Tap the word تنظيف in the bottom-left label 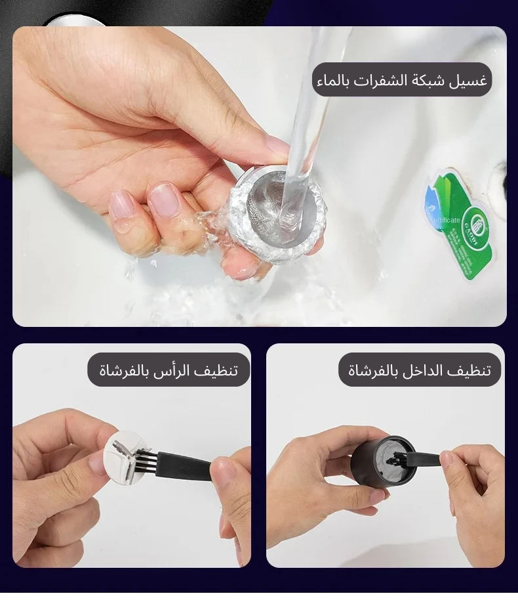coord(218,371)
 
